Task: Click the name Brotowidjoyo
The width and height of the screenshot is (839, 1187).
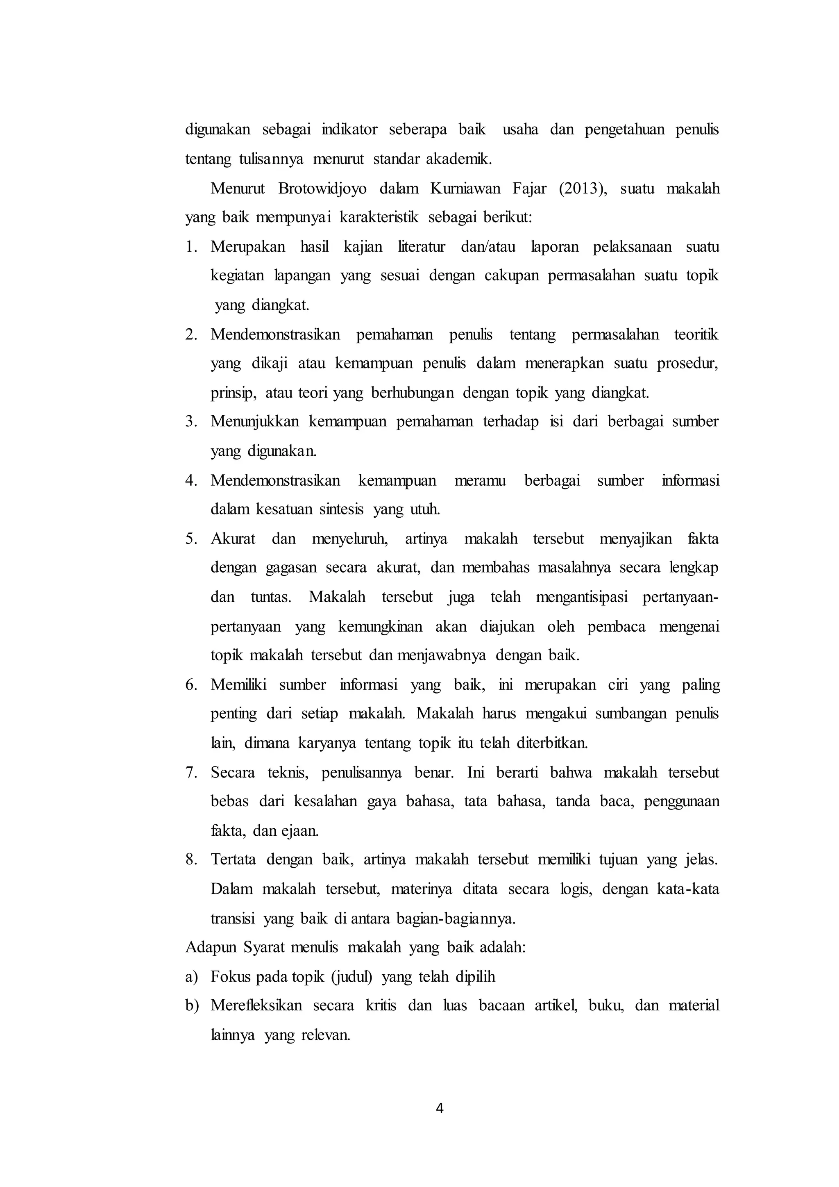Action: [x=322, y=189]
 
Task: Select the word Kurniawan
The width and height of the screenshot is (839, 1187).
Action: [x=465, y=189]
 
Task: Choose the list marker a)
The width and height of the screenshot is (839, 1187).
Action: [x=192, y=977]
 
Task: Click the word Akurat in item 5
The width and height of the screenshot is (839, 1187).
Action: [x=233, y=539]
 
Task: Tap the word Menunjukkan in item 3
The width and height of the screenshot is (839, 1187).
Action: [x=255, y=422]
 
